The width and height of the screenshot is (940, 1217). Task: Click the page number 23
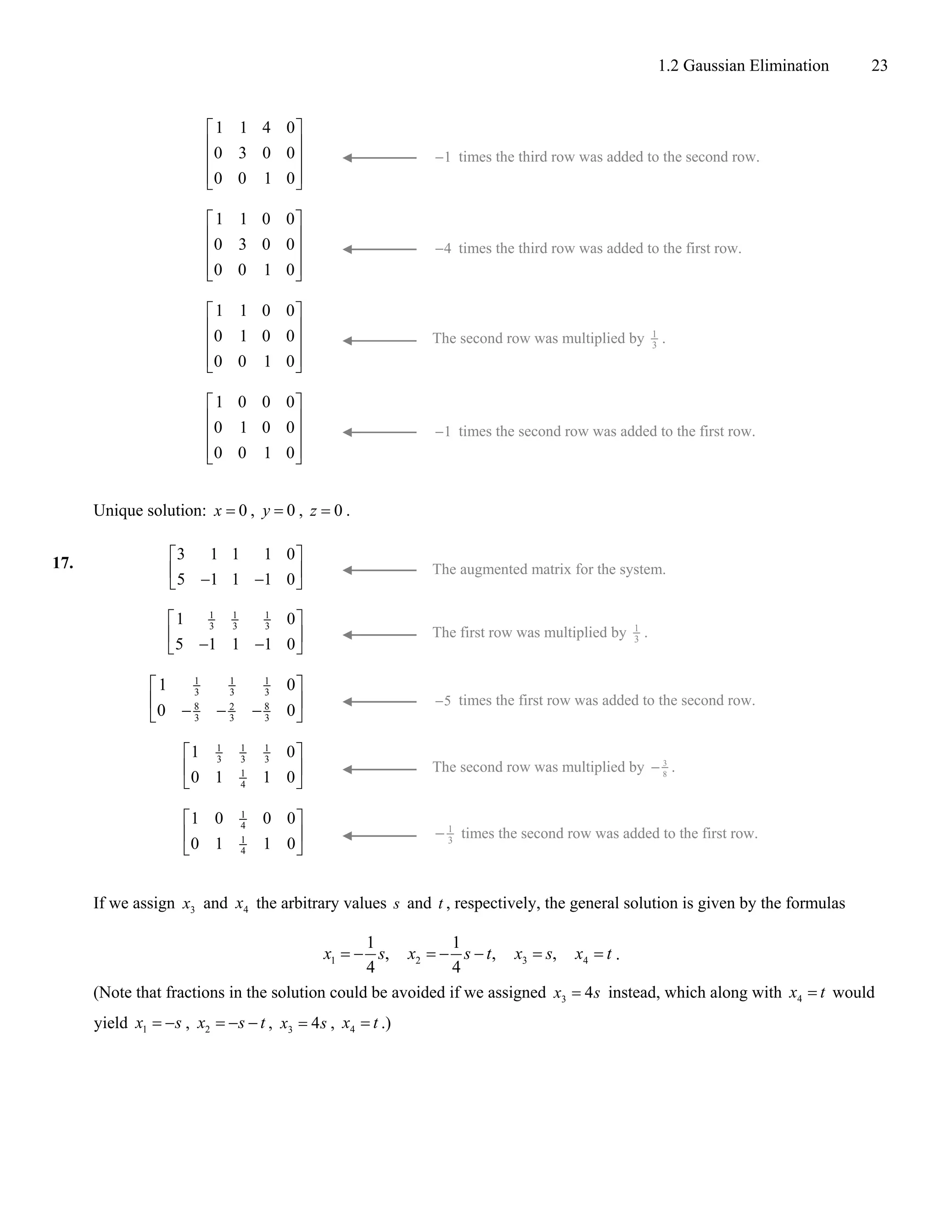pyautogui.click(x=879, y=66)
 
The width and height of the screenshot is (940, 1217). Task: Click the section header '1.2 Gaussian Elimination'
pyautogui.click(x=743, y=66)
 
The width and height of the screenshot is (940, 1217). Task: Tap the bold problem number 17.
pyautogui.click(x=62, y=563)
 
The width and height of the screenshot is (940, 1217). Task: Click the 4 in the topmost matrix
pyautogui.click(x=266, y=128)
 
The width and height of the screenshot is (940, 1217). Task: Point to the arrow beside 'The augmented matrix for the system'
pyautogui.click(x=379, y=570)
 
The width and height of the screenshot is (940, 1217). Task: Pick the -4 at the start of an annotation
pyautogui.click(x=443, y=248)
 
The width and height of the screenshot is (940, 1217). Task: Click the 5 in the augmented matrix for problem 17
pyautogui.click(x=180, y=580)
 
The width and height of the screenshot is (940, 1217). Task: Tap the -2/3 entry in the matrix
pyautogui.click(x=227, y=711)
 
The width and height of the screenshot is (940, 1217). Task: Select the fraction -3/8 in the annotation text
pyautogui.click(x=660, y=768)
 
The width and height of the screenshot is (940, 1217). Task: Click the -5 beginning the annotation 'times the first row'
pyautogui.click(x=443, y=701)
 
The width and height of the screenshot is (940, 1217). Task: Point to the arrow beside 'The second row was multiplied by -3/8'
pyautogui.click(x=379, y=770)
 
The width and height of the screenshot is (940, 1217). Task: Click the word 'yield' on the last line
pyautogui.click(x=110, y=1024)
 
